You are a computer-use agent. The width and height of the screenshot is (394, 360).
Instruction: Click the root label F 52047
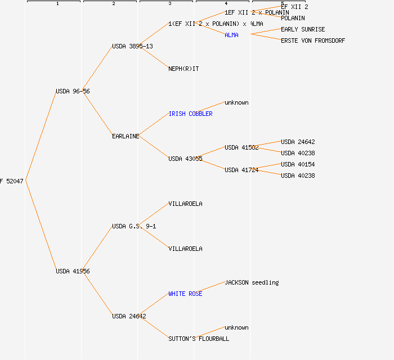[12, 181]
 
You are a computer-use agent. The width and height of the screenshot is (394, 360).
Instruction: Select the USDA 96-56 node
[73, 91]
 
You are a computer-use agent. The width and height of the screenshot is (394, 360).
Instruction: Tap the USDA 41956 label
[73, 271]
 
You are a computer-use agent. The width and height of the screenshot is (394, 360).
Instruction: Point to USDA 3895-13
[132, 46]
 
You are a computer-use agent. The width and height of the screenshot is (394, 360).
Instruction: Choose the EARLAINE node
[126, 136]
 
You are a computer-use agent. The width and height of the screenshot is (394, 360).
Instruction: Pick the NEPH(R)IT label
[183, 69]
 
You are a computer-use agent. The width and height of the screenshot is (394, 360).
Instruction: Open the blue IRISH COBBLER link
[190, 114]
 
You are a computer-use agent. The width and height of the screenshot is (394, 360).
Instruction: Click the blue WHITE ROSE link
[185, 294]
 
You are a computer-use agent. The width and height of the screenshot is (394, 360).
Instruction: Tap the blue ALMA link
[231, 35]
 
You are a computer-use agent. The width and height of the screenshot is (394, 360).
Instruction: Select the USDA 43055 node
[185, 159]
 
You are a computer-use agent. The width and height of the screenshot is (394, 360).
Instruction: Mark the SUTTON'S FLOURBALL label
[199, 339]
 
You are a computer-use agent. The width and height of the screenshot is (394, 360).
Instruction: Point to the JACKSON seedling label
[252, 282]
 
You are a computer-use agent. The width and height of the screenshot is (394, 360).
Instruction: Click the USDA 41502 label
[241, 147]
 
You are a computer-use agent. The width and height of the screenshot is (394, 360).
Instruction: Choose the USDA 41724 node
[241, 170]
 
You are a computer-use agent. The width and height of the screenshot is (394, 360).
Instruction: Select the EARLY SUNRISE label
[303, 29]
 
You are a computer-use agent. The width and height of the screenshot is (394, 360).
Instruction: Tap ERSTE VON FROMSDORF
[313, 40]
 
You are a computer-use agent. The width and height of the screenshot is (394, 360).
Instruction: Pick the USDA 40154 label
[298, 164]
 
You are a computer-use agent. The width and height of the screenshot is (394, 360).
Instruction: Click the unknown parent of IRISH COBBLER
[236, 102]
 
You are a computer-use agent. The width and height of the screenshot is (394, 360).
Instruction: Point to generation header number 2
[113, 4]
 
